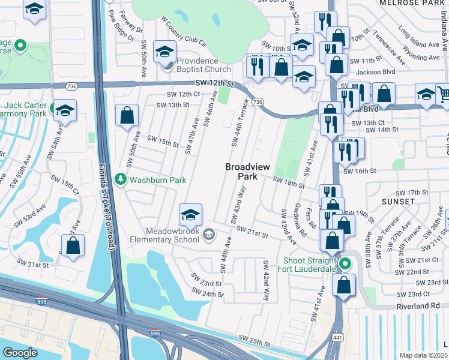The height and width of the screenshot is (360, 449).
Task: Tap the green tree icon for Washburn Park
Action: pos(121,179)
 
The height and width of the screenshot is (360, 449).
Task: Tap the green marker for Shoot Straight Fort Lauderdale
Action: pos(345,264)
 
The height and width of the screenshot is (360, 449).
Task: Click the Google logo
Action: pos(20,353)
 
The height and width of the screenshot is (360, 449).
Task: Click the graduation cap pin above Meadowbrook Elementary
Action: pos(190,215)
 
